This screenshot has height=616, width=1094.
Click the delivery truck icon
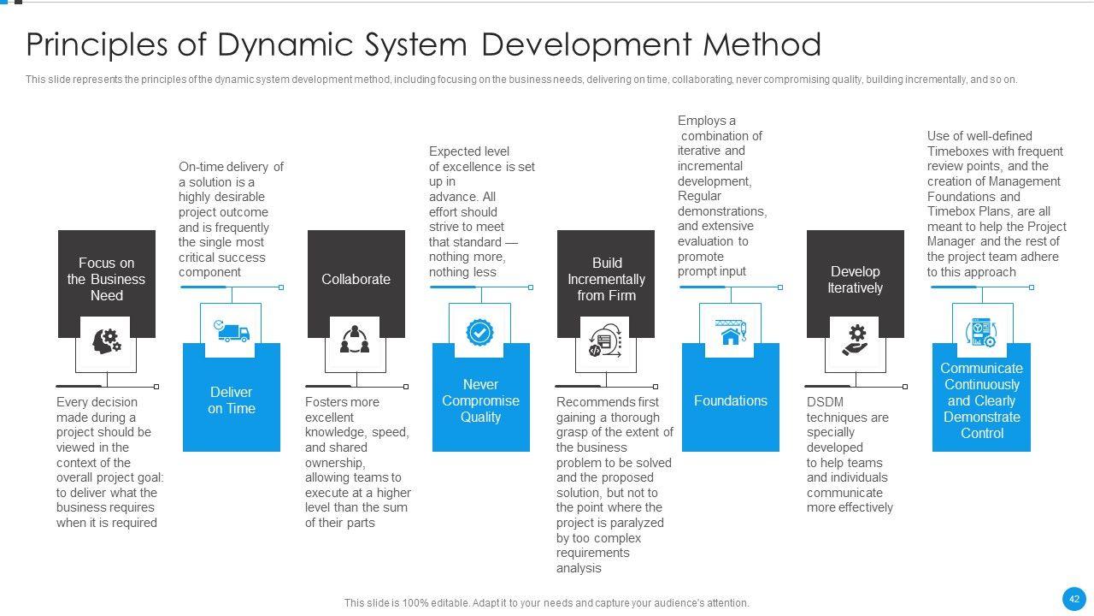(231, 331)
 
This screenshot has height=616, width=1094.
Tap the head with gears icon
(107, 341)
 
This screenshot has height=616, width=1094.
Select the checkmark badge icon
(480, 331)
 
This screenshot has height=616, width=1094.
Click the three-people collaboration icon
(355, 340)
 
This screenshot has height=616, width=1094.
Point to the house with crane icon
(730, 331)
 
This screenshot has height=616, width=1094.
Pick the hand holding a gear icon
(855, 340)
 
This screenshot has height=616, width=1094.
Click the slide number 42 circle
(1074, 599)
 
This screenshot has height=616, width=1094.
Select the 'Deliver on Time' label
(232, 400)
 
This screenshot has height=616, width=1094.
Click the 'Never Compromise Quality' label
(480, 400)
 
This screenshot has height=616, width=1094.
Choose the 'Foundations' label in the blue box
(731, 400)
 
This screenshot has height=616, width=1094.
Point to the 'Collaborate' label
(356, 279)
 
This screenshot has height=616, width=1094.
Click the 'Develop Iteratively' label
(855, 280)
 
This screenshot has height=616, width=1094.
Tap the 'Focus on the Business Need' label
(107, 279)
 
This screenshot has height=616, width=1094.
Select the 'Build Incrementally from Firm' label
(606, 279)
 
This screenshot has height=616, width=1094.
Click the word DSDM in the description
(825, 402)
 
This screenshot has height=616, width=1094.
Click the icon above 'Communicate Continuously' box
(981, 331)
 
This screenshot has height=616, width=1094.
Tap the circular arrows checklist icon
(605, 340)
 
